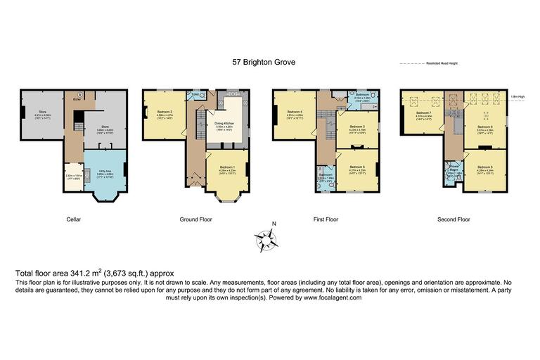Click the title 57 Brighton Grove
[264, 62]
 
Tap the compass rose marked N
[267, 239]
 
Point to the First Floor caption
[326, 219]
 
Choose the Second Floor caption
[454, 219]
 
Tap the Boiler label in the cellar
[77, 100]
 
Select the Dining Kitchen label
[226, 124]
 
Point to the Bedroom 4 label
[295, 112]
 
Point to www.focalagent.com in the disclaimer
[333, 297]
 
